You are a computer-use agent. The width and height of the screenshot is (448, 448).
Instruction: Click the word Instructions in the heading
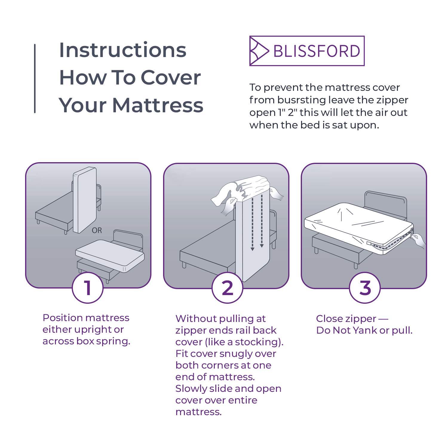click(123, 50)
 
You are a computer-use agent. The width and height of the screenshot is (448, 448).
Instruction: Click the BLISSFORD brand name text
click(317, 51)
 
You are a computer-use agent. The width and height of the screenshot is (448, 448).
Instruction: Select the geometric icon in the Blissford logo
click(259, 51)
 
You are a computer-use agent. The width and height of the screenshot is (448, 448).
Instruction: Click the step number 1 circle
click(88, 288)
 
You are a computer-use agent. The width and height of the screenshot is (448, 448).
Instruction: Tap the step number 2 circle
click(227, 288)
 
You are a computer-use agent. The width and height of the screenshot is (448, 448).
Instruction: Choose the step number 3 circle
click(365, 288)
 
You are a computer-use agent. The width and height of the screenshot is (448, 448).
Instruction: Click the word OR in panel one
click(97, 231)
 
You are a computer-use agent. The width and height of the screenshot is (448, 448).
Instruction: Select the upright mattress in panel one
click(84, 200)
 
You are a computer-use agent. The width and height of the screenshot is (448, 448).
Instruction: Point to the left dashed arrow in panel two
click(252, 223)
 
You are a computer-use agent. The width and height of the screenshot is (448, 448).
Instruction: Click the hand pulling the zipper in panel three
click(419, 240)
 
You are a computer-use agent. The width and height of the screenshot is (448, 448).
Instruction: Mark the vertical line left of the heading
click(35, 79)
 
